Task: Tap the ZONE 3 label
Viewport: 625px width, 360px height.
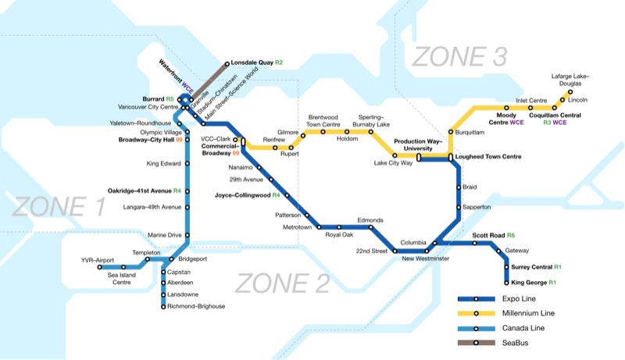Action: tap(459, 56)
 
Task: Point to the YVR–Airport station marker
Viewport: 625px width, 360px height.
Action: tap(100, 267)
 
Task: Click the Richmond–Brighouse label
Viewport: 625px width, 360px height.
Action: tap(196, 307)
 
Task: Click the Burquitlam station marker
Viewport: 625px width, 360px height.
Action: tap(451, 132)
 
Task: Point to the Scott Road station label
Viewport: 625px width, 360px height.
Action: tap(494, 235)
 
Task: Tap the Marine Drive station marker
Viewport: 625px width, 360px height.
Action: tap(187, 235)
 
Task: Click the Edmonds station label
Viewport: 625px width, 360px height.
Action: tap(369, 220)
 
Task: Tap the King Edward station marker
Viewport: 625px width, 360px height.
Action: tap(187, 164)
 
